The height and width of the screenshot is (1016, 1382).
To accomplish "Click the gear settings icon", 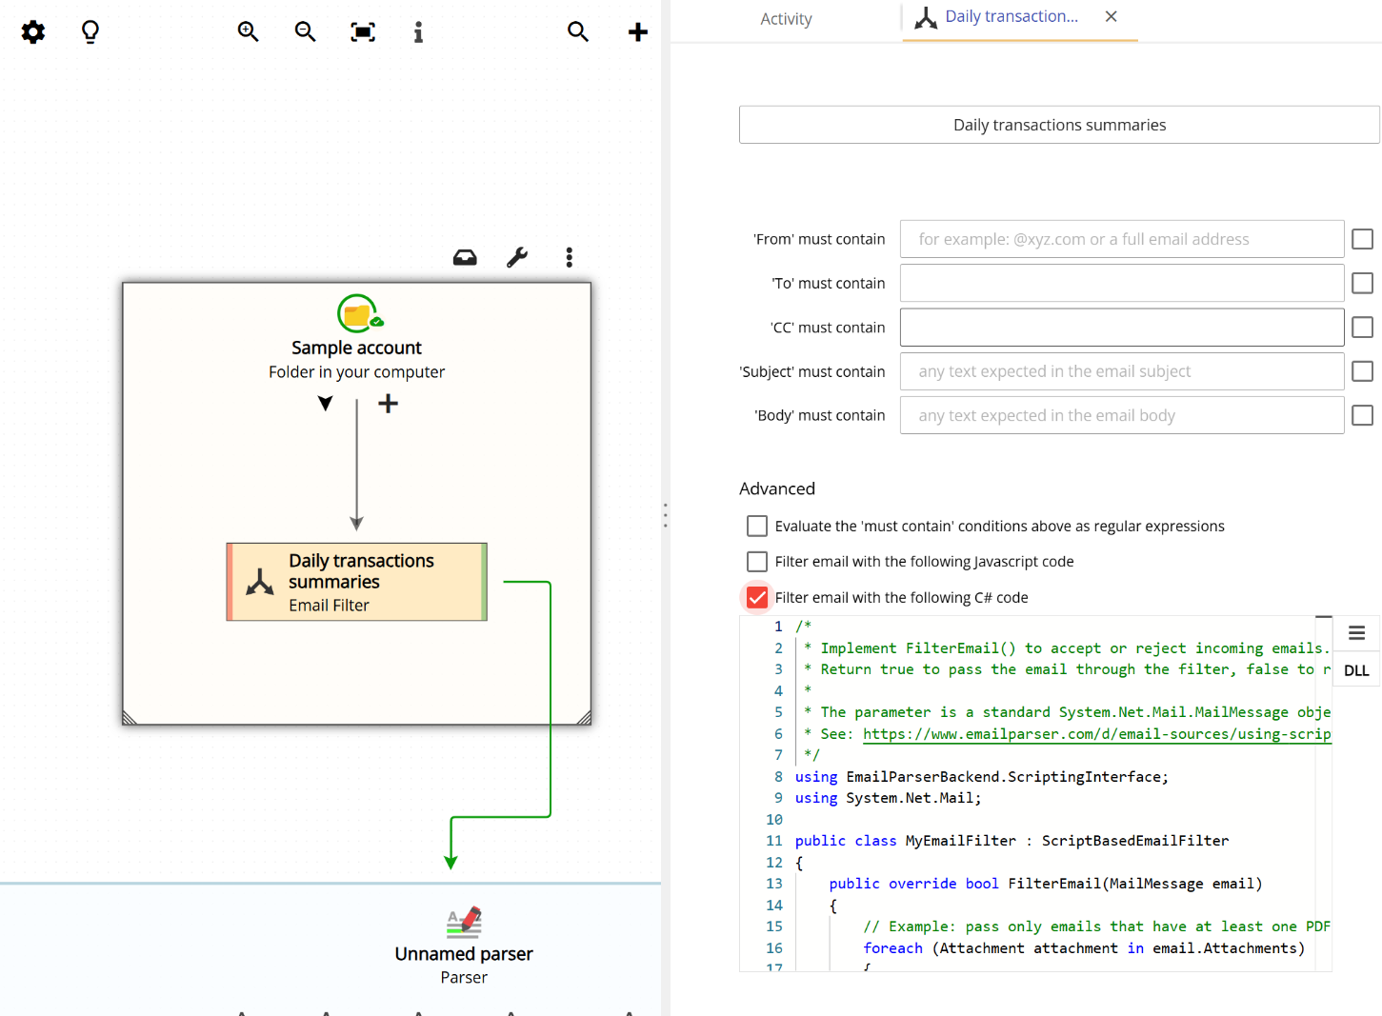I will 33,32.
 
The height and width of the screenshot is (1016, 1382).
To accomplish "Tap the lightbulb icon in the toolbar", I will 90,32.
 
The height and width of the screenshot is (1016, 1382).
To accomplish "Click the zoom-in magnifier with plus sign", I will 248,31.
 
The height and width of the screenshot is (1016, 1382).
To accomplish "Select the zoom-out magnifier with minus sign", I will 305,31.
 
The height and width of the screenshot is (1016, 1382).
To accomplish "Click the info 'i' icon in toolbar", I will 418,32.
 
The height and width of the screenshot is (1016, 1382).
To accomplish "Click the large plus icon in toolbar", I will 637,32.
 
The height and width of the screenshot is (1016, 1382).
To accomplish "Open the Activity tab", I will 786,19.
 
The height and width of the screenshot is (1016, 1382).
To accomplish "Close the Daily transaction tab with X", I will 1111,16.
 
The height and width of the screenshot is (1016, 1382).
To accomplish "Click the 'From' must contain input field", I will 1121,239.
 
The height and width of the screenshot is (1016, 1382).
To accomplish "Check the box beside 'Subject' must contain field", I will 1362,371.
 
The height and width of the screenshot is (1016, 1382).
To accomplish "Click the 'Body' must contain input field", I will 1121,415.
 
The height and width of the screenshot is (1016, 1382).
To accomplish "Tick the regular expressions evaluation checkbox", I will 757,526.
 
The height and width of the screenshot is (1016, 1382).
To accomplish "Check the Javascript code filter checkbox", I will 757,562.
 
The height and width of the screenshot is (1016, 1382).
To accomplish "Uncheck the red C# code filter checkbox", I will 757,597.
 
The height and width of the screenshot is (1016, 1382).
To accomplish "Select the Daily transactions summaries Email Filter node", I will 356,582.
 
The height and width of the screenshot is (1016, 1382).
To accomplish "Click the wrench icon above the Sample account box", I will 517,257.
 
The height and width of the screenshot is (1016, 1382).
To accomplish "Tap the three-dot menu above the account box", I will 569,257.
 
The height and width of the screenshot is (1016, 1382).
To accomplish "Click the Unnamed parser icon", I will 464,922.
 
